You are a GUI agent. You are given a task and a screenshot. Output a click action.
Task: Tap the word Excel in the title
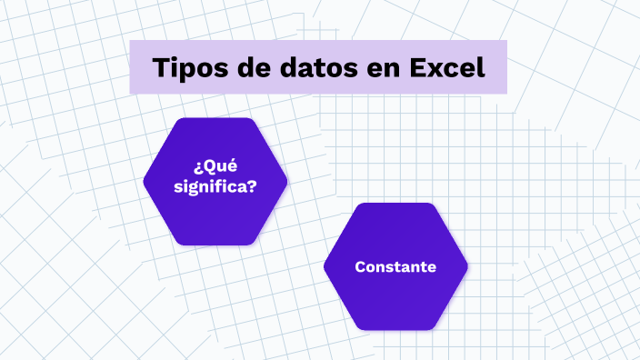[x=446, y=68]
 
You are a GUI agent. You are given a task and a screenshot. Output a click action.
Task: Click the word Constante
[x=395, y=267]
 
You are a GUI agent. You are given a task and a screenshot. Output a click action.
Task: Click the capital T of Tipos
[x=160, y=68]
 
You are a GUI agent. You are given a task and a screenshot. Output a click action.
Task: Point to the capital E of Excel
[x=416, y=68]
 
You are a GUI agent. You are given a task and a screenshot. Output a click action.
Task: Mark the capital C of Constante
[x=360, y=267]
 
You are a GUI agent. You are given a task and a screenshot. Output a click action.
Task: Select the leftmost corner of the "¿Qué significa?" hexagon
[x=145, y=182]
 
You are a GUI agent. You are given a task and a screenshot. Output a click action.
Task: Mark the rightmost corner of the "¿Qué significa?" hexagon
[x=286, y=182]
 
